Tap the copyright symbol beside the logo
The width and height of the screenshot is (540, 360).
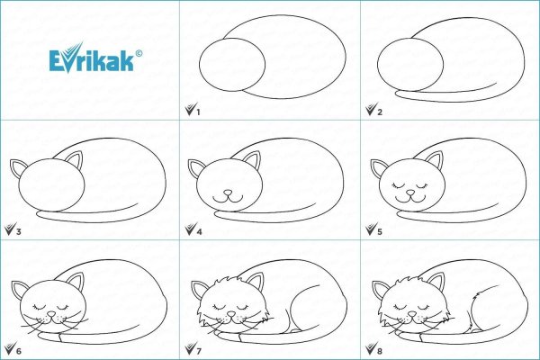click(139, 53)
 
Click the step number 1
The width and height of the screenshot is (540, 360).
click(198, 112)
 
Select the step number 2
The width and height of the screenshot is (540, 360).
click(380, 112)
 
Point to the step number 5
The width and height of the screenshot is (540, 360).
click(380, 231)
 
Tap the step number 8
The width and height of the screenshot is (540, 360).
click(380, 351)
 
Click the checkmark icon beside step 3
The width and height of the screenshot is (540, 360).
click(10, 229)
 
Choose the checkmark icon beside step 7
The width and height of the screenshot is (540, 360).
click(191, 348)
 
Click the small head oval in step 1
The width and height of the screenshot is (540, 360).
click(232, 65)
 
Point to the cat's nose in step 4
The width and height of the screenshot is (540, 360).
click(228, 193)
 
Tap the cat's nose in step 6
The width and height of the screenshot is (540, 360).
click(51, 314)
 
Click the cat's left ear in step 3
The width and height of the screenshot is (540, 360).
click(16, 168)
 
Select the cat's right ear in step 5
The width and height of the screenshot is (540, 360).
click(434, 160)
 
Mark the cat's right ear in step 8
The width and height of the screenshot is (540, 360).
click(436, 282)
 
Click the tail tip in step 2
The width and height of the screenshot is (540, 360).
click(397, 93)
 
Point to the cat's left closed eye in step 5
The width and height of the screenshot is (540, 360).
click(399, 186)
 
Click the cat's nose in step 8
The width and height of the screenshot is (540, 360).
click(411, 314)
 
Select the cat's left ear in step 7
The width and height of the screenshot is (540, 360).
click(197, 290)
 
